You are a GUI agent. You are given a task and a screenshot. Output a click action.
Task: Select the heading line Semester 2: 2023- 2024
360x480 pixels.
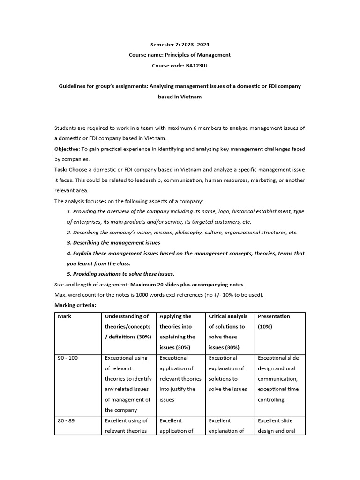180,45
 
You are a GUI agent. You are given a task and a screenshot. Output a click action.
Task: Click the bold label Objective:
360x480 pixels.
67,149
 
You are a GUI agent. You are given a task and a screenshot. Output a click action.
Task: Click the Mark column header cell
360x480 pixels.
65,316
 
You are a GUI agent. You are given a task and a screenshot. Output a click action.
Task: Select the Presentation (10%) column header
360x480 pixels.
274,321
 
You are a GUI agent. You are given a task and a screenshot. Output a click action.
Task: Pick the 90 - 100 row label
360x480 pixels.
68,358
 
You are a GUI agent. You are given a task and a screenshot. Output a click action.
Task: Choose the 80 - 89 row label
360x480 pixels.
66,421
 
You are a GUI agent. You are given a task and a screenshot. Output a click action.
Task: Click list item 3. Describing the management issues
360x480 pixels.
113,243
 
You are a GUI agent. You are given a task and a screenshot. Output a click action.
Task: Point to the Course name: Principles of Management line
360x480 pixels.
180,55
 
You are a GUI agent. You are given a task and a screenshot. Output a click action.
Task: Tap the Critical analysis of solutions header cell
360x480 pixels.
228,331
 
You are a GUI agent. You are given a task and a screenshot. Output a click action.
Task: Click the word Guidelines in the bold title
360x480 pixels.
73,86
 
